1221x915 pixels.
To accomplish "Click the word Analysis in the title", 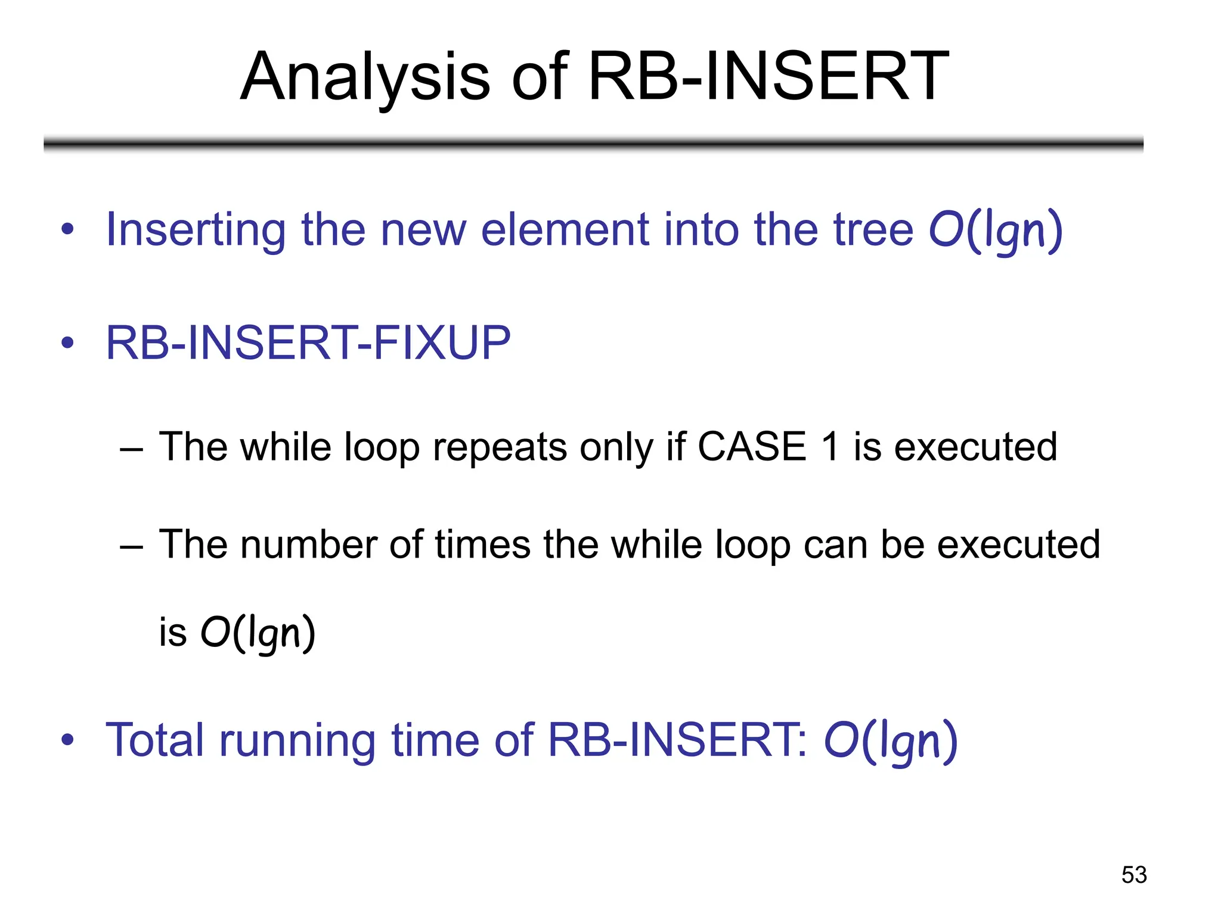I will [365, 77].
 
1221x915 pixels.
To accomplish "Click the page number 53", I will [1133, 874].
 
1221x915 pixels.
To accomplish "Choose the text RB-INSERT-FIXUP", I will [308, 343].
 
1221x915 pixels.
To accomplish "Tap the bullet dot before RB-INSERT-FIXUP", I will [67, 343].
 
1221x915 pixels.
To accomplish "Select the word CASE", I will [752, 446].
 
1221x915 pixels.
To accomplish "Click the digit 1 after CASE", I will [830, 446].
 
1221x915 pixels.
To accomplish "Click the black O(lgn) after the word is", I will [258, 633].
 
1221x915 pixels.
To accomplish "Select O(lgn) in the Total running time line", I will [890, 742].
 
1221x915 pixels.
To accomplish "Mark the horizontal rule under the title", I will [593, 144].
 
